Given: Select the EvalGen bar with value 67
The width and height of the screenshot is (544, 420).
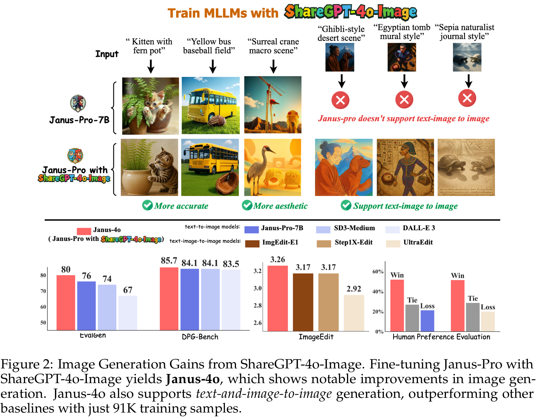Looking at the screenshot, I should (x=127, y=312).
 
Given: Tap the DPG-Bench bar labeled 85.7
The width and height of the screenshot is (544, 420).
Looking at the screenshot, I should (x=169, y=298).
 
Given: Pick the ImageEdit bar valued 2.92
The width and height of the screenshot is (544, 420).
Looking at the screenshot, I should (x=354, y=312).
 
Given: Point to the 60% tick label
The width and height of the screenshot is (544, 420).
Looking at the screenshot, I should (x=378, y=272).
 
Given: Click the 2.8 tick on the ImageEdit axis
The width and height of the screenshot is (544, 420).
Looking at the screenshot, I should (x=258, y=305).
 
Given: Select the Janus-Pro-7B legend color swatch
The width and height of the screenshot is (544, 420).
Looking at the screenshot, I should (x=252, y=229).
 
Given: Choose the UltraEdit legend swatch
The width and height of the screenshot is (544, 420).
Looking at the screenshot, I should (x=393, y=244).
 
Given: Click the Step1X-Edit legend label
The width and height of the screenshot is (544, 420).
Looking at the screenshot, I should (x=354, y=242).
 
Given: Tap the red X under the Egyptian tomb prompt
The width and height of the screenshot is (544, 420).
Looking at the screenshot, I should (x=404, y=100).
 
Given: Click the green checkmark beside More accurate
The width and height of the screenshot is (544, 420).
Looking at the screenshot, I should (x=147, y=205).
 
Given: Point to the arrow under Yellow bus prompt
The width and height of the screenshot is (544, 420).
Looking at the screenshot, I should (x=213, y=66).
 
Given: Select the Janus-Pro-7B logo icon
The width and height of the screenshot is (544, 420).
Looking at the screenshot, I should (x=78, y=103).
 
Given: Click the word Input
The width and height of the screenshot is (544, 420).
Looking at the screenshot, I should (x=107, y=54).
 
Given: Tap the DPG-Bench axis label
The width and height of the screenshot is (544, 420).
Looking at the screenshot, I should (x=200, y=337).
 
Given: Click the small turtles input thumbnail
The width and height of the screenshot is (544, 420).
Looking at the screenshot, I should (x=467, y=57).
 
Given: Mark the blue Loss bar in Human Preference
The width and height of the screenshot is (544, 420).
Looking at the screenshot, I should (x=427, y=320).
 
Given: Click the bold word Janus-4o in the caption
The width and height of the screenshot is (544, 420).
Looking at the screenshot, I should (x=193, y=379).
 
